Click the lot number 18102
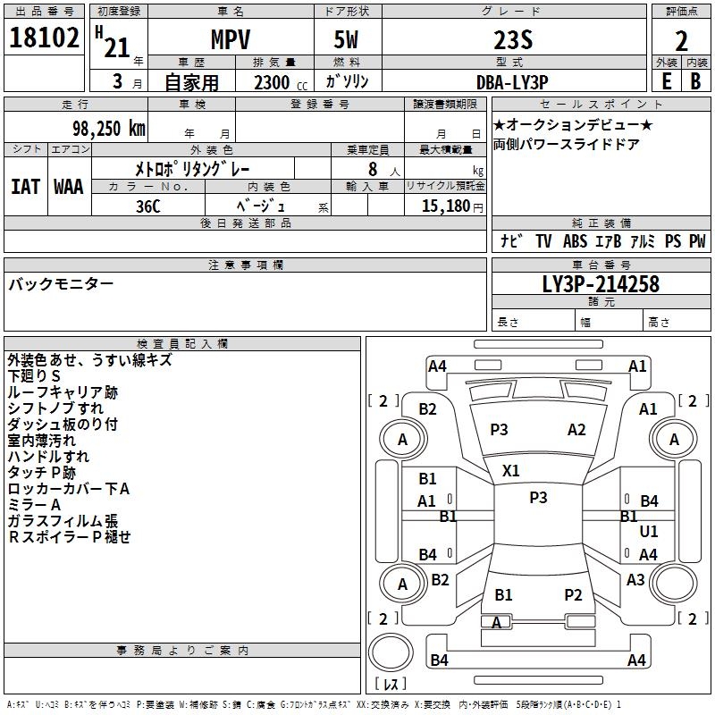[x=44, y=38]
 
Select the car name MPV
[x=231, y=39]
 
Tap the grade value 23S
[x=513, y=40]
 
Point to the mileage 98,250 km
[x=109, y=129]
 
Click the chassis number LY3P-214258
[x=601, y=284]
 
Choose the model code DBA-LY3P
[x=512, y=82]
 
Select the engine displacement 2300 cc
[x=281, y=82]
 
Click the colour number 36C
[x=148, y=206]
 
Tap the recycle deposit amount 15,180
[x=446, y=206]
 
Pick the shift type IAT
[x=26, y=187]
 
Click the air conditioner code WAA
[x=69, y=187]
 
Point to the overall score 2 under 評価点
[x=681, y=41]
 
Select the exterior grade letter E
[x=667, y=81]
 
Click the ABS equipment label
[x=575, y=241]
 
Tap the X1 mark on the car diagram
[x=510, y=471]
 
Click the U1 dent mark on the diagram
[x=649, y=531]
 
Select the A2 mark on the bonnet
[x=576, y=430]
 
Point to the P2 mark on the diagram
[x=573, y=595]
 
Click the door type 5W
[x=346, y=39]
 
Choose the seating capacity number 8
[x=373, y=169]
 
